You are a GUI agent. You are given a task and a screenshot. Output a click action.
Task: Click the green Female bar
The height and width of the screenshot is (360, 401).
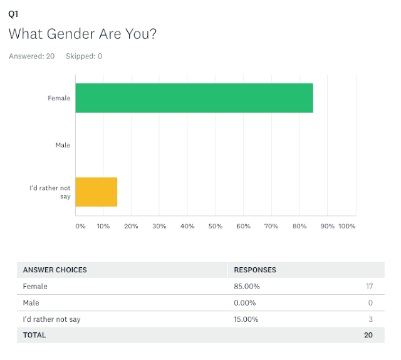pos(194,98)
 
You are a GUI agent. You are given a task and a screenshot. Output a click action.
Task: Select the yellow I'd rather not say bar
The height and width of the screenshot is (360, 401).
pos(96,192)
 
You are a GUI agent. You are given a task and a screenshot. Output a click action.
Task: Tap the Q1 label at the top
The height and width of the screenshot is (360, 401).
pos(13,13)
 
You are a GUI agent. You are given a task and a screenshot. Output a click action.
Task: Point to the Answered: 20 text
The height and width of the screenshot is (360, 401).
pos(32,56)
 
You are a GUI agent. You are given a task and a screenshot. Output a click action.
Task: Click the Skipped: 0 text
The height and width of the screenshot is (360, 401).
pos(84,56)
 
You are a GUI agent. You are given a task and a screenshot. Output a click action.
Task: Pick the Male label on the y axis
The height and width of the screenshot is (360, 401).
pos(63,145)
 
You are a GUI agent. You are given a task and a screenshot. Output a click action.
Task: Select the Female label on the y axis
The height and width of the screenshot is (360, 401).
pos(60,98)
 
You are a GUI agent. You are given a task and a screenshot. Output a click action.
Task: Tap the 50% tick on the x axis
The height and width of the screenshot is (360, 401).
pos(215,226)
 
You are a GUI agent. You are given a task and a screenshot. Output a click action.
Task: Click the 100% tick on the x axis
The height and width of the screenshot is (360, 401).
pos(346,226)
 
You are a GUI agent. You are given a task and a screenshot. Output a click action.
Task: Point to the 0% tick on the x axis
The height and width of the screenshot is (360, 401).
pos(80,226)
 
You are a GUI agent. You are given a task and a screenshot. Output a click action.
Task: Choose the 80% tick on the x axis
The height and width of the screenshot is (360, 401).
pos(299,226)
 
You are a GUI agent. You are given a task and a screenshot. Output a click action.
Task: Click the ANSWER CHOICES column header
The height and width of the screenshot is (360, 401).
pos(55,270)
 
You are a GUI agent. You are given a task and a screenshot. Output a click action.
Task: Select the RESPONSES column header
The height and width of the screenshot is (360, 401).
pos(255,270)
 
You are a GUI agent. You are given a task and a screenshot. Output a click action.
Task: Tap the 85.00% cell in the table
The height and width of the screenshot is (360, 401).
pos(247,287)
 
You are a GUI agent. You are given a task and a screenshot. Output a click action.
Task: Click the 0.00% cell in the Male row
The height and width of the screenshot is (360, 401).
pos(245,303)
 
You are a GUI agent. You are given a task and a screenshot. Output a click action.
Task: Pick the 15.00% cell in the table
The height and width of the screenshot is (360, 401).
pos(247,319)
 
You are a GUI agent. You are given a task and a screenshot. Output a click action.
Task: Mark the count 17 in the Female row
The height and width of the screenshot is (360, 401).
pos(369,287)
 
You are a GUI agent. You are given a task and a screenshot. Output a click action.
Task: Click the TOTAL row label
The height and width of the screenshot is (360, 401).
pos(34,336)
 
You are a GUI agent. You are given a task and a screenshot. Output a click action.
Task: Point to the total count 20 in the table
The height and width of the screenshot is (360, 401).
pos(368,336)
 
